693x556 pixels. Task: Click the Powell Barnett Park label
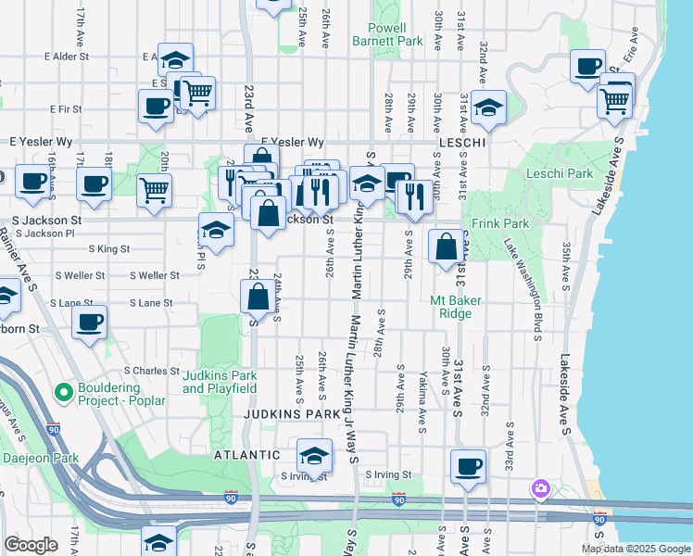(387, 35)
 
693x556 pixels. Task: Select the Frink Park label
(499, 223)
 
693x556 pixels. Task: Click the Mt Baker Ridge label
(451, 307)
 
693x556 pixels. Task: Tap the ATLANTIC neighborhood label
(246, 455)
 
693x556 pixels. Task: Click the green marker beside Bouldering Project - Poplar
(64, 393)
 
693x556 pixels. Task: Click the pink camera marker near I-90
(540, 487)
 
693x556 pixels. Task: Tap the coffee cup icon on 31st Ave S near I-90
(468, 465)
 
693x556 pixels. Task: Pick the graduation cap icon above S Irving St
(314, 455)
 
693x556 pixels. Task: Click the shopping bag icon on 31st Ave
(446, 246)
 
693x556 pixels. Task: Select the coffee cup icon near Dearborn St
(90, 323)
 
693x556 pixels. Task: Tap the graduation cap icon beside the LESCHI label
(487, 107)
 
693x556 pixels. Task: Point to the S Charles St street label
(151, 371)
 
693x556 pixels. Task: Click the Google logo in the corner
(31, 545)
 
